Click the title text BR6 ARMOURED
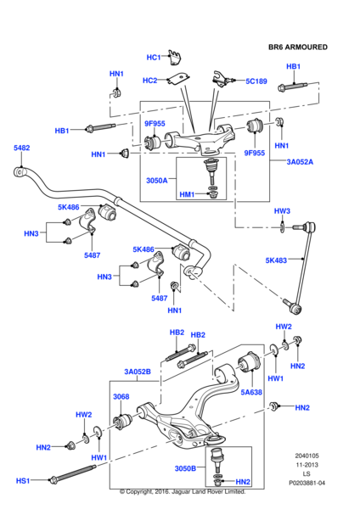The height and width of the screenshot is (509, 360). [298, 47]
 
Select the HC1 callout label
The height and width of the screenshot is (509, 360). [153, 58]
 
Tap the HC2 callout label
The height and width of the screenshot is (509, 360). [149, 81]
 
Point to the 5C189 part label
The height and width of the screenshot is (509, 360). [256, 81]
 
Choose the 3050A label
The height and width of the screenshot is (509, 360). [156, 181]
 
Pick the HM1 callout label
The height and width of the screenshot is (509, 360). [187, 195]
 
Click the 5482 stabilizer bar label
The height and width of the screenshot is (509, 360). [21, 148]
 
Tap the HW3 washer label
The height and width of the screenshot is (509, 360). [282, 210]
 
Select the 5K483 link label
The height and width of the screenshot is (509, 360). [277, 260]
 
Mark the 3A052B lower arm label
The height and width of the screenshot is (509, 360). [137, 372]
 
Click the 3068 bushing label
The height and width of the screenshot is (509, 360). [121, 396]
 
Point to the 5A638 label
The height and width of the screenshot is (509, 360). [250, 392]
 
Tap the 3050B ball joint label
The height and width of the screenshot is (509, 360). [184, 468]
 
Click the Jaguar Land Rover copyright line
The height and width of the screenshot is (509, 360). [183, 491]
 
